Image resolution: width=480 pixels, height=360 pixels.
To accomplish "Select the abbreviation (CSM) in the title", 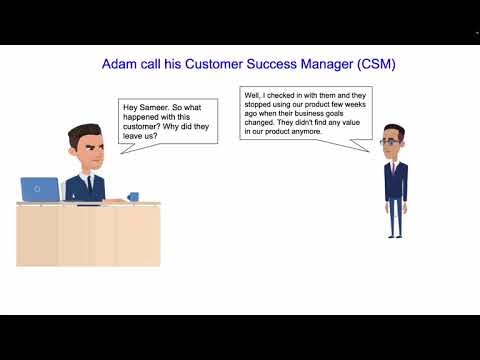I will pyautogui.click(x=369, y=64).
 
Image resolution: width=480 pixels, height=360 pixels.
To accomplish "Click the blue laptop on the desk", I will pyautogui.click(x=41, y=190).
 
